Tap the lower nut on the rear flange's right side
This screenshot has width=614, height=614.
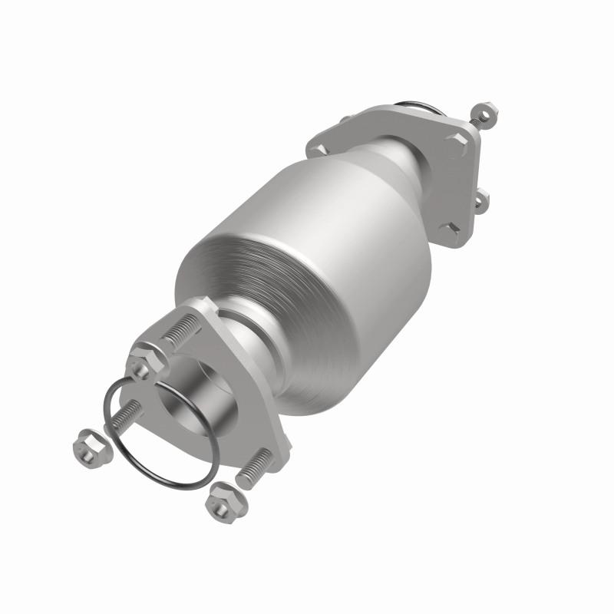click(480, 202)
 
